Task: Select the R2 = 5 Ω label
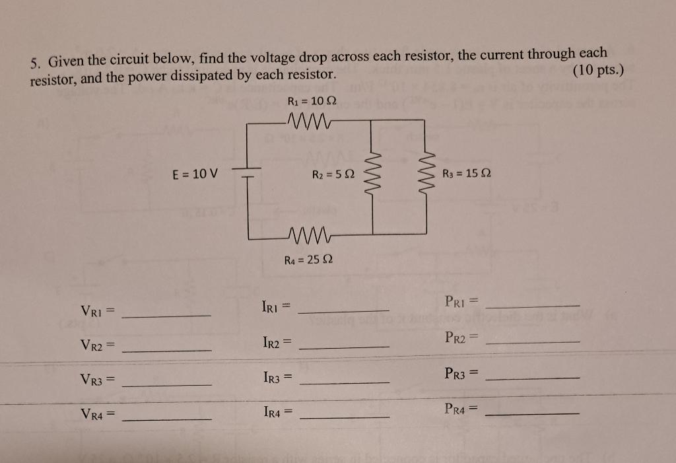(333, 174)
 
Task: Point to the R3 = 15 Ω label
(468, 174)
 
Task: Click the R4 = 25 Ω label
(308, 260)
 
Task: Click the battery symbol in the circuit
(248, 173)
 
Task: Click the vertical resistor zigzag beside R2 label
(373, 175)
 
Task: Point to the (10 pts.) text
(599, 70)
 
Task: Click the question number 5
(34, 63)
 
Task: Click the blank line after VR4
(168, 419)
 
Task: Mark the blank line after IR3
(344, 383)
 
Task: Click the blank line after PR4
(532, 413)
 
